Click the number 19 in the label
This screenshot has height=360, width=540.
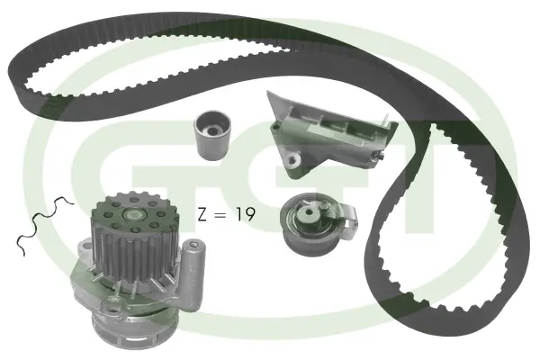coord(246,214)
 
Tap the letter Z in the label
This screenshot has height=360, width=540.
coord(202,214)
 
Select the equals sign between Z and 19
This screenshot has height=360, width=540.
coord(220,215)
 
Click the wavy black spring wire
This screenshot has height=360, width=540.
coord(43,223)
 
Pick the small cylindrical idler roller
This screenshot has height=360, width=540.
coord(212,135)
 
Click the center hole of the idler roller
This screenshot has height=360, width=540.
coord(211,130)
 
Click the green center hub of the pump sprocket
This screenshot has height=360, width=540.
coord(133,216)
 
